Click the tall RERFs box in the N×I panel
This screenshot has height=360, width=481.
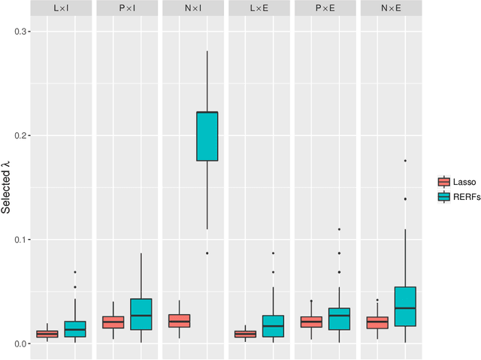point(207,136)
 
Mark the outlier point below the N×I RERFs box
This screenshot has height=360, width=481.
point(207,253)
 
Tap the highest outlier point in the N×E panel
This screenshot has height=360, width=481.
point(405,161)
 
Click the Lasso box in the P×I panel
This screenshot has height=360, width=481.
point(113,322)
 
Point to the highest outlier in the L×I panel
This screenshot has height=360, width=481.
point(74,272)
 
